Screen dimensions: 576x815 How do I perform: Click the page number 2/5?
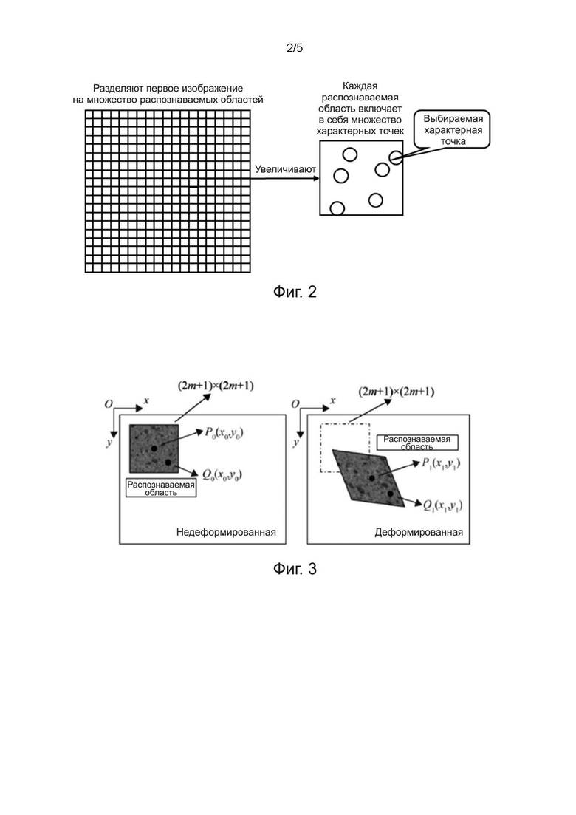(295, 48)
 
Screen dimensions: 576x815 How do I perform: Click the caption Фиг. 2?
(295, 292)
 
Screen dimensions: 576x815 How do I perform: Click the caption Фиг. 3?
(295, 569)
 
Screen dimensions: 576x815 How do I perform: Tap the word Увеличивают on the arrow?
(285, 169)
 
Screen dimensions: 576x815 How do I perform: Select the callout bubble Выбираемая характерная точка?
(453, 129)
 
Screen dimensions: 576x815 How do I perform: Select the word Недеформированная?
(226, 532)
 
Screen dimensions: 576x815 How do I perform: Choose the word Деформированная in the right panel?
(419, 532)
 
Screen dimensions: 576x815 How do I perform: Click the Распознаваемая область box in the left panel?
(161, 488)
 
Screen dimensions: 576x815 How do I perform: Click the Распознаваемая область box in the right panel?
(416, 443)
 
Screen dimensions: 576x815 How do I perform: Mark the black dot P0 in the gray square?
(154, 448)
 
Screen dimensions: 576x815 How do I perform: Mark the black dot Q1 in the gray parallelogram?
(390, 493)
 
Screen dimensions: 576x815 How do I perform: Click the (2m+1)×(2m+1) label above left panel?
(216, 386)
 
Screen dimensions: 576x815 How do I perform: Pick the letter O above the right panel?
(295, 404)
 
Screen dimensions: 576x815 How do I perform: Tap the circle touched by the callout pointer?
(395, 157)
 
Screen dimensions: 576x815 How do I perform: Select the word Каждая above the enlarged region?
(360, 86)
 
